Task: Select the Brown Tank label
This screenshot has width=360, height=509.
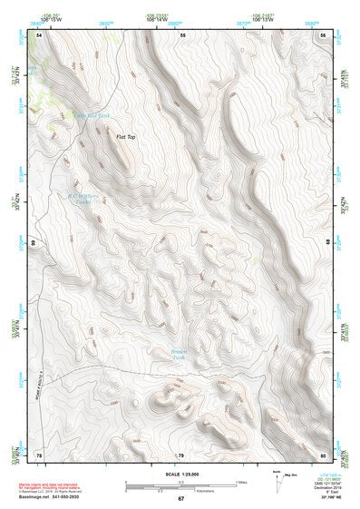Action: [x=184, y=354]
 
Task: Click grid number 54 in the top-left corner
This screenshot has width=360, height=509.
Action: [x=40, y=34]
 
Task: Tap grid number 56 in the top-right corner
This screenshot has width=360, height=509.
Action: [x=323, y=34]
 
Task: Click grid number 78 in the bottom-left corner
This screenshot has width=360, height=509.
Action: [x=39, y=454]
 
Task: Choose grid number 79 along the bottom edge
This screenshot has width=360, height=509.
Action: [x=180, y=455]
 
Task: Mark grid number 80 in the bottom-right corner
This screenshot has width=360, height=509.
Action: [x=323, y=454]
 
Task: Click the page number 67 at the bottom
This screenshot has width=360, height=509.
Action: [x=180, y=499]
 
